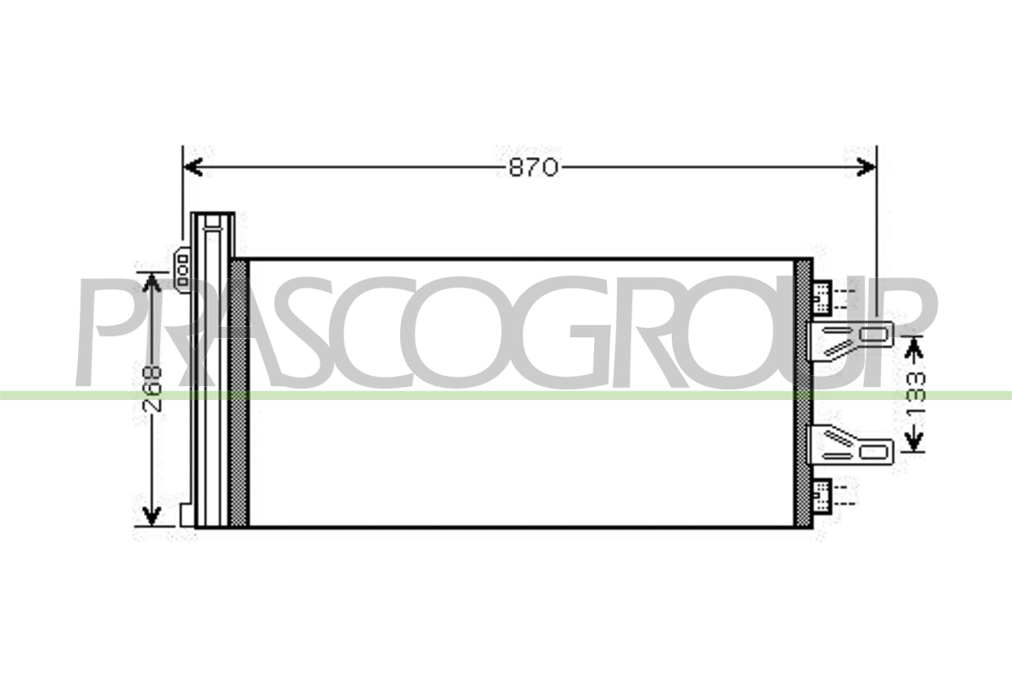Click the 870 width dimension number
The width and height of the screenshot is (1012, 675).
(x=533, y=167)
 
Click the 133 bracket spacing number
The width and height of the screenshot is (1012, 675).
(x=915, y=393)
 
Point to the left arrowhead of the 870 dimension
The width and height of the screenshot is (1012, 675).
(x=193, y=167)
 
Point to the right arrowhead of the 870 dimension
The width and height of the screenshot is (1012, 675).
(x=866, y=167)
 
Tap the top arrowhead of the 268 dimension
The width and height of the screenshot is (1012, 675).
(x=151, y=281)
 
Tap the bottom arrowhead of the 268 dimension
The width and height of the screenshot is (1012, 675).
(x=151, y=516)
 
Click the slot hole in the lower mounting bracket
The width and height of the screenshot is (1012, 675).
(x=873, y=451)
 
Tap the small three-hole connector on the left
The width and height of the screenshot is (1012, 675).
(x=183, y=270)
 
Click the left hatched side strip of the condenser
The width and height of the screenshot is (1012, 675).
(x=239, y=393)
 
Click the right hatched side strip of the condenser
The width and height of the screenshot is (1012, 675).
(x=802, y=393)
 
